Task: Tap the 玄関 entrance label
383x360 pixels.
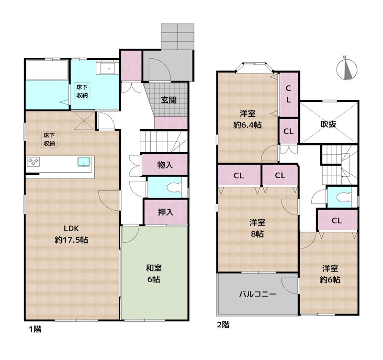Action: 169,100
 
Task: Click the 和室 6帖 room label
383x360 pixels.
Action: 153,273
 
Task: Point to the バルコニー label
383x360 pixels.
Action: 258,294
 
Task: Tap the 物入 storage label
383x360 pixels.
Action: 165,165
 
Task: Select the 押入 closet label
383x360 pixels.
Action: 165,212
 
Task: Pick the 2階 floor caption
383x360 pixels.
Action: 223,326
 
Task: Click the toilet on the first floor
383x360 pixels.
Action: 174,186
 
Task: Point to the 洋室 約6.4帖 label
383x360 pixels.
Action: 248,119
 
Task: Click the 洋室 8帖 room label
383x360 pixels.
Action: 257,228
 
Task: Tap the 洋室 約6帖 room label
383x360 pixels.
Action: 330,274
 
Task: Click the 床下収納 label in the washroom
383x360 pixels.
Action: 82,91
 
